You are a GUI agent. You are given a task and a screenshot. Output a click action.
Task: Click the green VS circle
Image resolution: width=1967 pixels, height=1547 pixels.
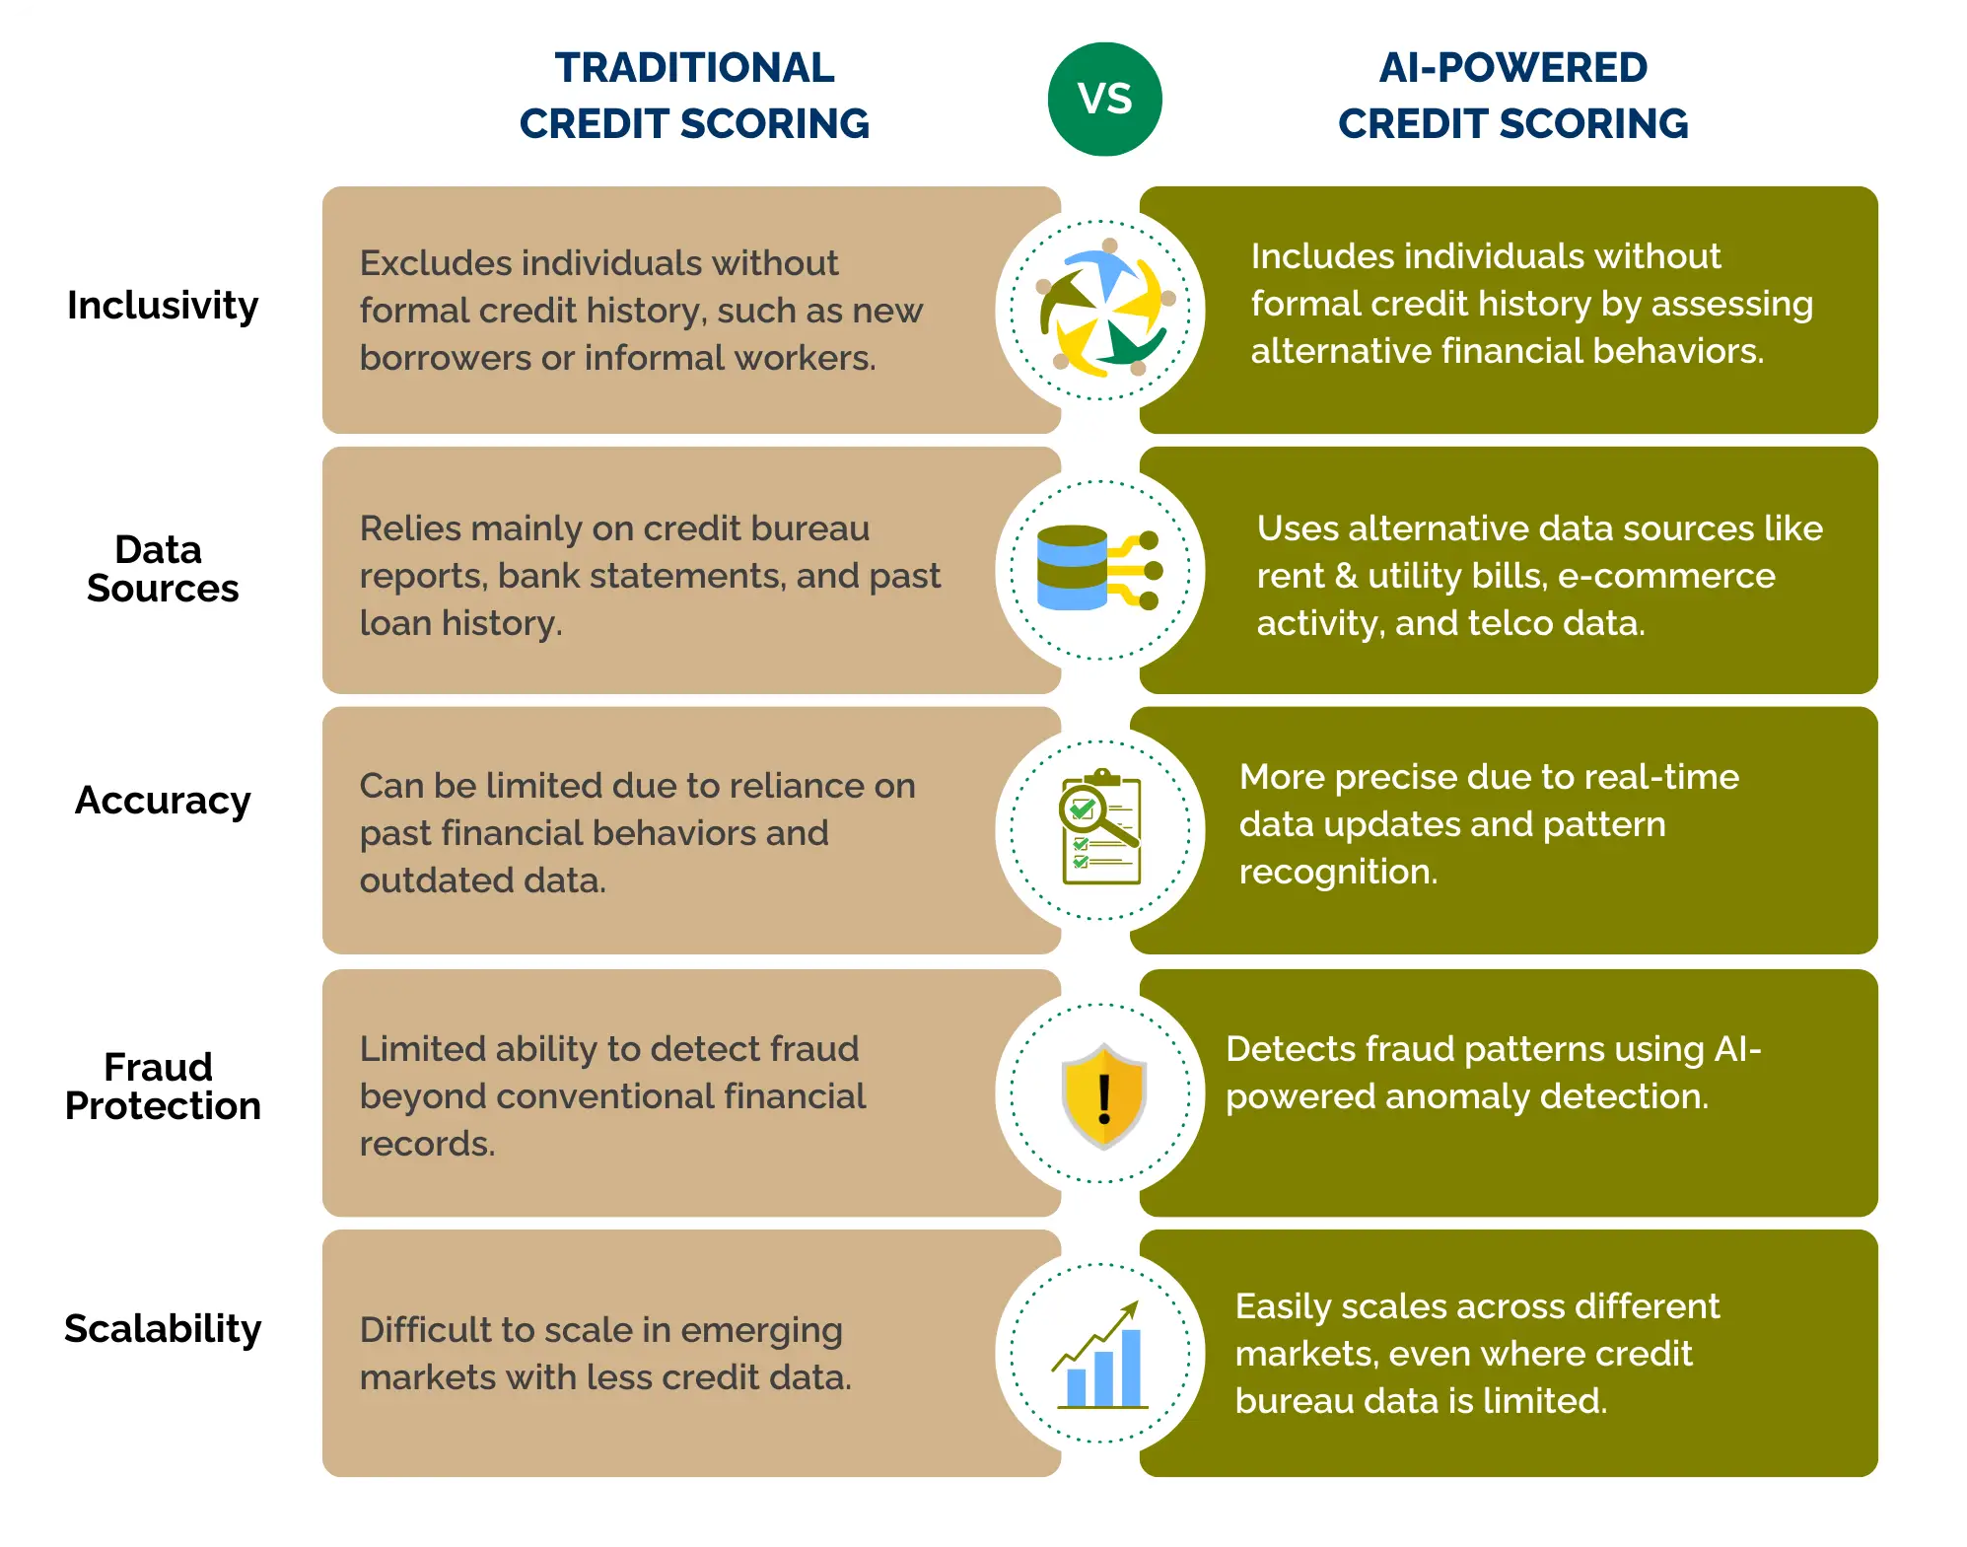1104,99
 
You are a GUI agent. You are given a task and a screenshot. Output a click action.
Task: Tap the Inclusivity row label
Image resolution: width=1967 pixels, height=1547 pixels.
163,306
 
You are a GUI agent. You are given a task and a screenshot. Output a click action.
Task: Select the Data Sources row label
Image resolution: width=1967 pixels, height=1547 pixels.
163,569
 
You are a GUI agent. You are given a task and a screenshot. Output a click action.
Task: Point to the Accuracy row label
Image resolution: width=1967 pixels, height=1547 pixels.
163,801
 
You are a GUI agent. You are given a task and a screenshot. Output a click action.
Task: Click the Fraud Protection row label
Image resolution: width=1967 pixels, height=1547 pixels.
163,1087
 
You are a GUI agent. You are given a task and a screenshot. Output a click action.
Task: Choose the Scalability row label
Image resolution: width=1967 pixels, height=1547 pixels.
163,1329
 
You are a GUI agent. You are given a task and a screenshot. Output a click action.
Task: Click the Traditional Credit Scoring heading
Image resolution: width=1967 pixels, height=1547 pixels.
694,96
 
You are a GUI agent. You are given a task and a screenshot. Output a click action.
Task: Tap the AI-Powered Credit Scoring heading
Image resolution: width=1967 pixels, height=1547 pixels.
1512,96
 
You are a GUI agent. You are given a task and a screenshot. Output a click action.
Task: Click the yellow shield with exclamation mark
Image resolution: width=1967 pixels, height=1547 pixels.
1103,1095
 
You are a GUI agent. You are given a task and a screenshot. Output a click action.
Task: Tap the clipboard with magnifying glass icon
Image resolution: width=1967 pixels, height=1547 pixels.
1100,828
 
